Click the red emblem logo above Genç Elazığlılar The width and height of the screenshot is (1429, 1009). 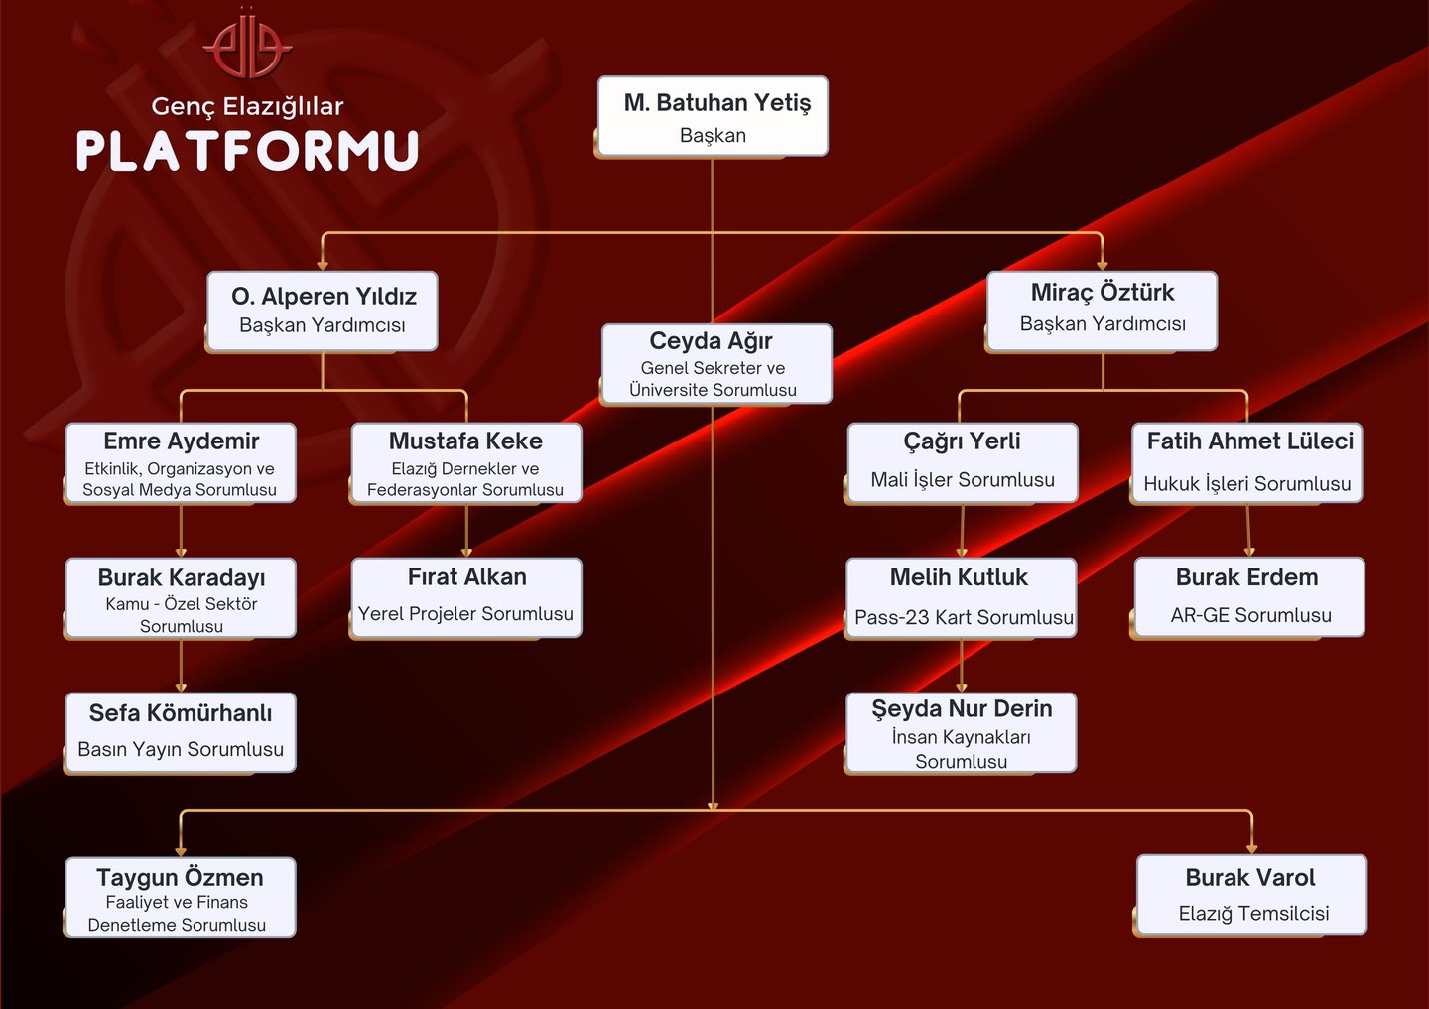(x=247, y=45)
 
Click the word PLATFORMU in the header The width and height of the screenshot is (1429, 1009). (x=247, y=151)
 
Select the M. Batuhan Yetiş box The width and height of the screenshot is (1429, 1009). (x=713, y=116)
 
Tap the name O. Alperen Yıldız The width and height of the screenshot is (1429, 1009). (x=324, y=296)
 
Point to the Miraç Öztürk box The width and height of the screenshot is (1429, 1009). (x=1103, y=311)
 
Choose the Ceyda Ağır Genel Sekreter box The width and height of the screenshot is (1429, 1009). (x=715, y=364)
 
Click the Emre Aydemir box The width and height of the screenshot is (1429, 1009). (x=181, y=463)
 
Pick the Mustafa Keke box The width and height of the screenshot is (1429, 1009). (x=465, y=463)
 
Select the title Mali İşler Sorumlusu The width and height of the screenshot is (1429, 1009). (x=963, y=480)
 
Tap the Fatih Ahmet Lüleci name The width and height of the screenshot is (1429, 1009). (x=1249, y=441)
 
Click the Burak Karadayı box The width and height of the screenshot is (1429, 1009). (x=181, y=598)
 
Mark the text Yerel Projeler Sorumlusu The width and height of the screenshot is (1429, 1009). (x=465, y=614)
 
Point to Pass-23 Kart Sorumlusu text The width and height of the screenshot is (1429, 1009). (x=964, y=617)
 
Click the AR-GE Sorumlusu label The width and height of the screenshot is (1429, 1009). (x=1250, y=615)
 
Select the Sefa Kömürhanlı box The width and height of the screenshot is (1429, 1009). (x=181, y=732)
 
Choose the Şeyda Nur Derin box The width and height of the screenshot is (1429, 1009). (x=962, y=733)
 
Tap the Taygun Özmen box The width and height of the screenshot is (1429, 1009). (x=181, y=898)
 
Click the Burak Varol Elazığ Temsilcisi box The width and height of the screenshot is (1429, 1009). (x=1251, y=895)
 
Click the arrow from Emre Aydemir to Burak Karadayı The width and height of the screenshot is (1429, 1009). (x=181, y=531)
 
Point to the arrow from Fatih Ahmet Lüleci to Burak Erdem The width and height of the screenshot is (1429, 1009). (x=1248, y=531)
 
